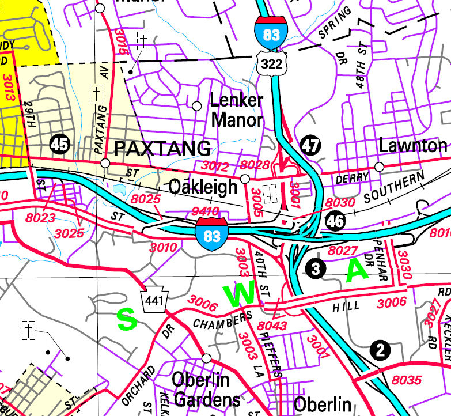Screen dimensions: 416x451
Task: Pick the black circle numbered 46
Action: pyautogui.click(x=334, y=220)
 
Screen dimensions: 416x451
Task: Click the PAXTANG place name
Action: pyautogui.click(x=162, y=149)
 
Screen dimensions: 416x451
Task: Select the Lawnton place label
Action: pyautogui.click(x=413, y=145)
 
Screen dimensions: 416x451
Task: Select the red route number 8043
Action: pyautogui.click(x=272, y=327)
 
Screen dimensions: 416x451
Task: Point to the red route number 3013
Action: pyautogui.click(x=7, y=86)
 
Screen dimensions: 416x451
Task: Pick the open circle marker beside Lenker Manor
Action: pyautogui.click(x=197, y=105)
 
